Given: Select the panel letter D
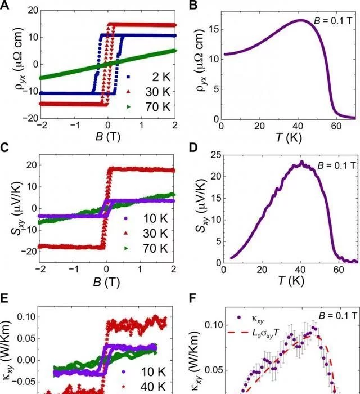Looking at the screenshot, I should [x=192, y=149].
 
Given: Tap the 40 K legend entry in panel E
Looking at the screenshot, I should [x=150, y=386].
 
